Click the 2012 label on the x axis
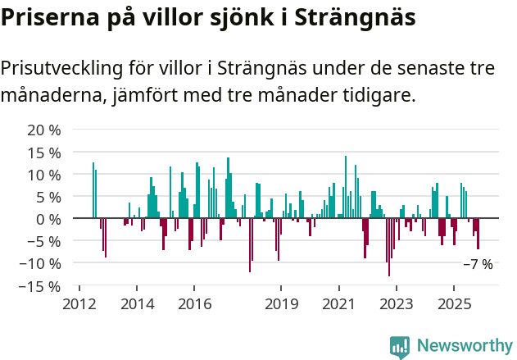[79, 304]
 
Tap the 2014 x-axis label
[137, 304]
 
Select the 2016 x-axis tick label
[194, 304]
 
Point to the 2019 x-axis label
[281, 304]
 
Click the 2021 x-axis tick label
[338, 304]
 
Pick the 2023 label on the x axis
[397, 304]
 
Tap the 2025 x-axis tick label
[454, 304]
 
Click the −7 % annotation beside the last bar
[478, 264]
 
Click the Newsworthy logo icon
[400, 346]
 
